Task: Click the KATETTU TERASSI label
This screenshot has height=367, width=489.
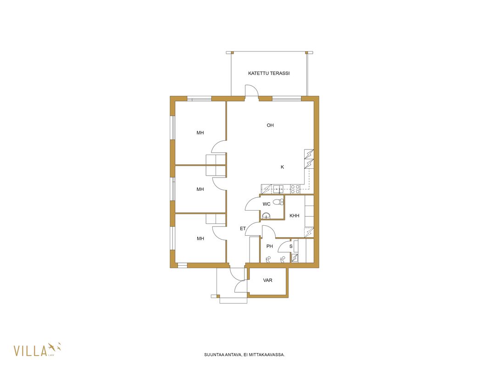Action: [269, 73]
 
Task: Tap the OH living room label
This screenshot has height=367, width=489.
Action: [270, 125]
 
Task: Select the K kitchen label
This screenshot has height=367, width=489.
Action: [282, 167]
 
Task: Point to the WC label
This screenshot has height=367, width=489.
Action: [267, 204]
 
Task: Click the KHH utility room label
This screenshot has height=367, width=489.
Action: [295, 216]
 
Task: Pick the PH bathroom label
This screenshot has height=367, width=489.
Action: [269, 246]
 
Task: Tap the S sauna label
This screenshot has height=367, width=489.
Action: [291, 246]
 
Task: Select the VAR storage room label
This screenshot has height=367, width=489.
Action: [267, 280]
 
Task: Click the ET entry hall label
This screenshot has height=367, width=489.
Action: [243, 228]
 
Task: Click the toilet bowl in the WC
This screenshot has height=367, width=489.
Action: [278, 202]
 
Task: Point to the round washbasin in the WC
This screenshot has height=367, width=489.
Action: [266, 216]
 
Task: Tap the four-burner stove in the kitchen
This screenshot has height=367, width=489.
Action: [295, 189]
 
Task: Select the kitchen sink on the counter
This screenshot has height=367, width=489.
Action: [278, 189]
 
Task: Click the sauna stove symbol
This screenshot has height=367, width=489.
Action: [295, 258]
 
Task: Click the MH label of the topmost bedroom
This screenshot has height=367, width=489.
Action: [200, 133]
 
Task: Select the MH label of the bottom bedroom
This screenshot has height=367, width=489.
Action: [200, 239]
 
